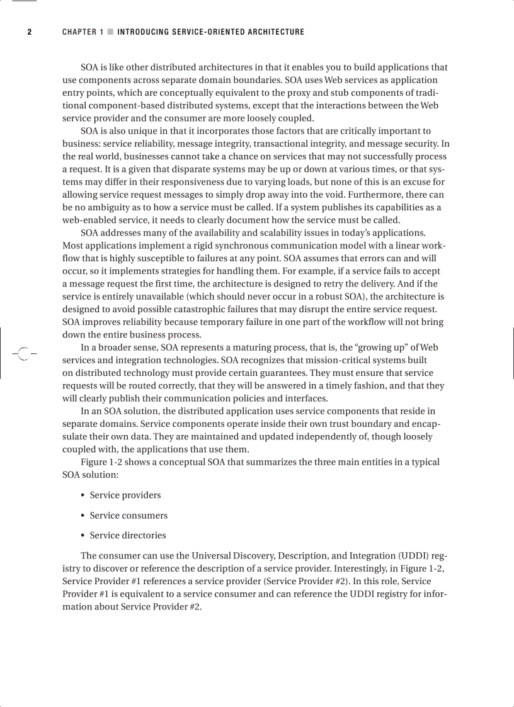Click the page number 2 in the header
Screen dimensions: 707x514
pyautogui.click(x=29, y=32)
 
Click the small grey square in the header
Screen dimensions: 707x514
pyautogui.click(x=110, y=32)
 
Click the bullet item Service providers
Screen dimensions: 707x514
pyautogui.click(x=125, y=495)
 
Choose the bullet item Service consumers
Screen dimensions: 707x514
pyautogui.click(x=128, y=516)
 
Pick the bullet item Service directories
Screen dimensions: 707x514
pyautogui.click(x=128, y=536)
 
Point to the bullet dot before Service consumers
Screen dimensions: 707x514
pyautogui.click(x=83, y=516)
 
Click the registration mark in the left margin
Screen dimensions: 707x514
pyautogui.click(x=23, y=354)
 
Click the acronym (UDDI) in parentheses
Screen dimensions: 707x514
pyautogui.click(x=414, y=556)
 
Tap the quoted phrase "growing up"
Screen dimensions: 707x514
pyautogui.click(x=384, y=348)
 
